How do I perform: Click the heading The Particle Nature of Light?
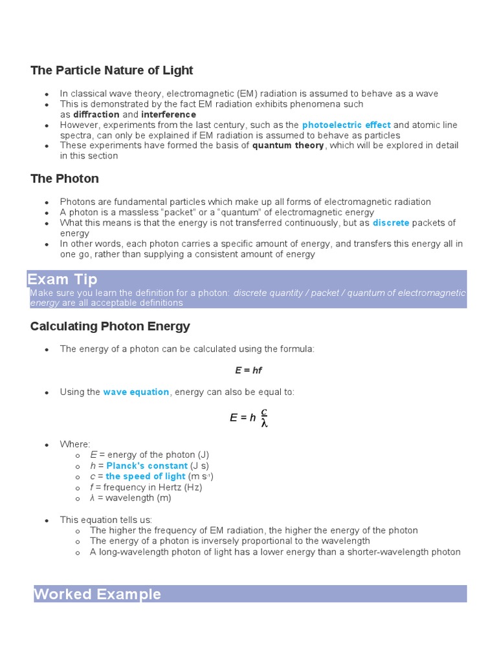pyautogui.click(x=111, y=70)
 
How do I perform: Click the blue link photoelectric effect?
pyautogui.click(x=346, y=125)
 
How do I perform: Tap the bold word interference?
pyautogui.click(x=168, y=114)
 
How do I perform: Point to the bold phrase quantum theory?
pyautogui.click(x=288, y=145)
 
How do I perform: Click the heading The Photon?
pyautogui.click(x=65, y=178)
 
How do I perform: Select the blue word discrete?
pyautogui.click(x=391, y=223)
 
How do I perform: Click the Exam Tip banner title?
pyautogui.click(x=62, y=279)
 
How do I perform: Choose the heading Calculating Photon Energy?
pyautogui.click(x=110, y=326)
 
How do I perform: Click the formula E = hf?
pyautogui.click(x=248, y=370)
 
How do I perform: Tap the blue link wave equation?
pyautogui.click(x=136, y=392)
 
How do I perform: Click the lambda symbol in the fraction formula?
pyautogui.click(x=264, y=423)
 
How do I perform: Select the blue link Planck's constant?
pyautogui.click(x=138, y=466)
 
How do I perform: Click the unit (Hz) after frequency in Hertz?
pyautogui.click(x=189, y=487)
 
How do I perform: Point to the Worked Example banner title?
pyautogui.click(x=97, y=594)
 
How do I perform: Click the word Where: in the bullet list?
pyautogui.click(x=76, y=445)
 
